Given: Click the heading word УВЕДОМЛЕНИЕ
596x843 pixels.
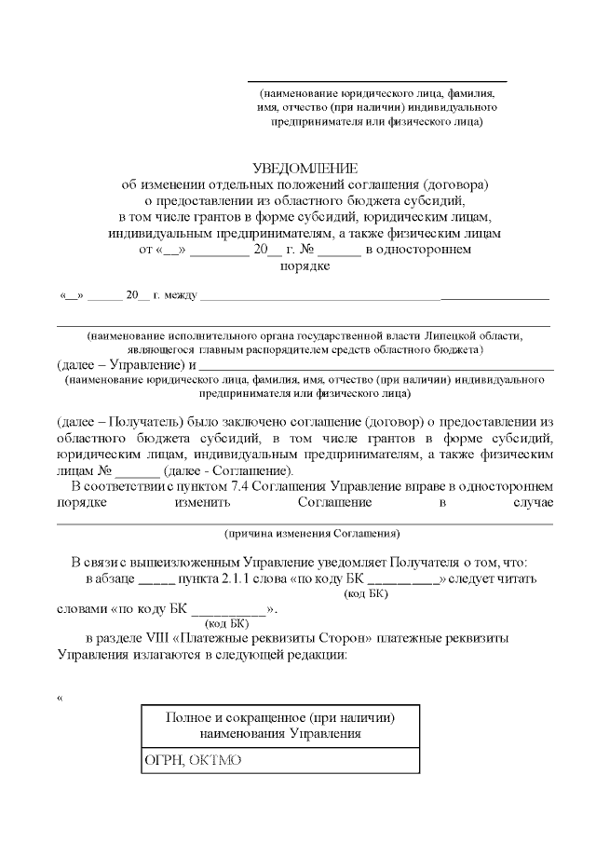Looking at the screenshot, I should click(305, 168).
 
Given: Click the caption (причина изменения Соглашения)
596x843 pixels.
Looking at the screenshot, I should click(313, 534).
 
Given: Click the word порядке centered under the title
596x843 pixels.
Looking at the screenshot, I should click(305, 265).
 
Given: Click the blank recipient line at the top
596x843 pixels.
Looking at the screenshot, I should click(377, 82).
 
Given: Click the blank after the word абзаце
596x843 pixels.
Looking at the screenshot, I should click(156, 579).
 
